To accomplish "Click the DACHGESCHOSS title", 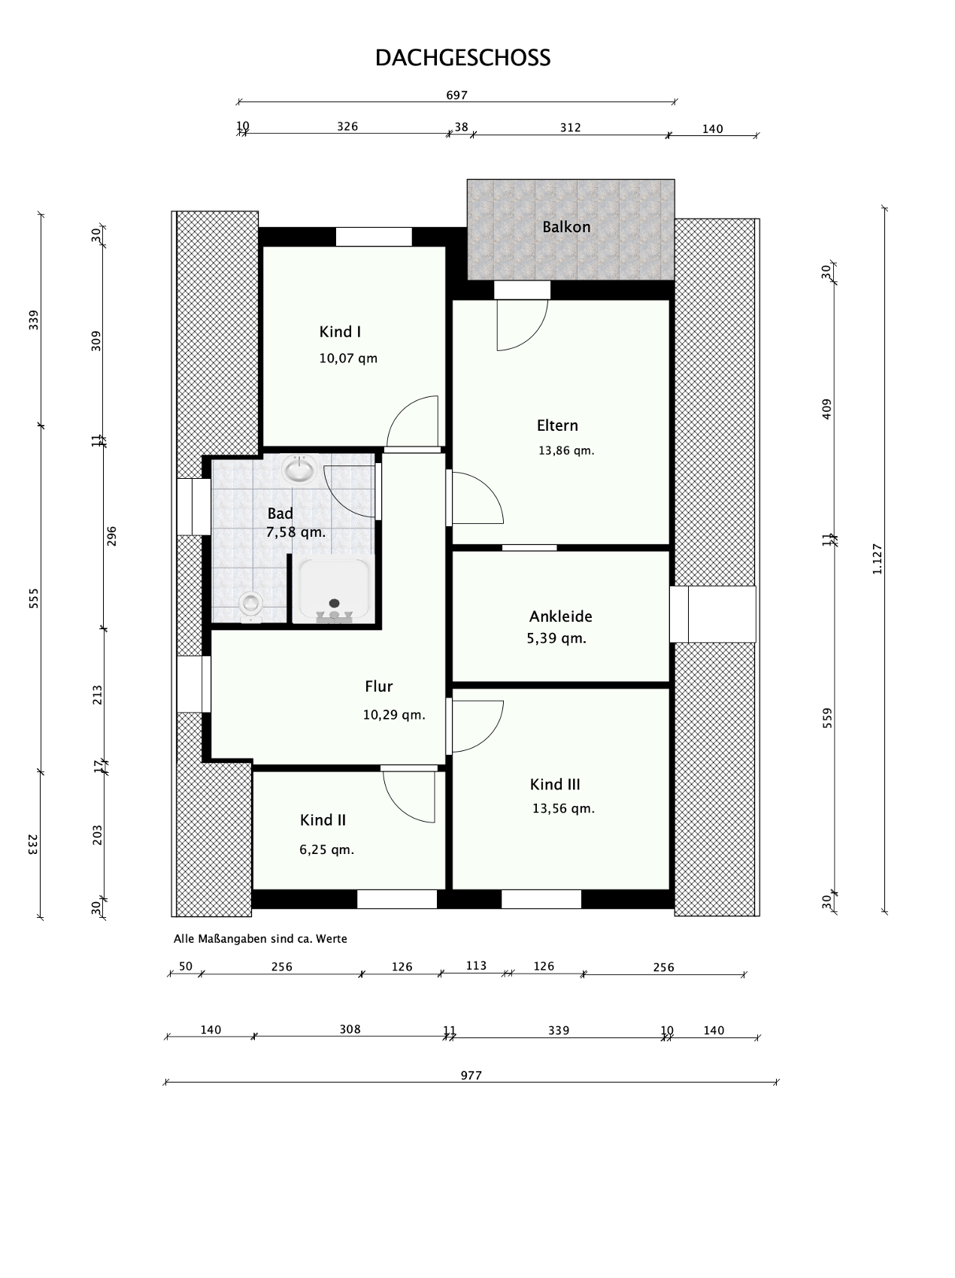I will pyautogui.click(x=462, y=59).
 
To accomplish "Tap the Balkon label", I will pyautogui.click(x=566, y=227).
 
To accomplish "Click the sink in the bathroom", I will pyautogui.click(x=299, y=471).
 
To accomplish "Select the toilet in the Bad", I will pyautogui.click(x=250, y=605).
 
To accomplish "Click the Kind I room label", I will pyautogui.click(x=340, y=332).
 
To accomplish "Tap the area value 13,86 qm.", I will pyautogui.click(x=566, y=451).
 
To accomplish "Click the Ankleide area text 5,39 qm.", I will pyautogui.click(x=556, y=639).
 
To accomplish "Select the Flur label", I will pyautogui.click(x=379, y=686).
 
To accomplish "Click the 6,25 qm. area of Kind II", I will pyautogui.click(x=326, y=850).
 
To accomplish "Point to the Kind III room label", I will pyautogui.click(x=555, y=785).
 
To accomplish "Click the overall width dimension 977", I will pyautogui.click(x=471, y=1076).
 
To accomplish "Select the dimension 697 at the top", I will pyautogui.click(x=457, y=95).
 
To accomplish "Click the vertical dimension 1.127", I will pyautogui.click(x=877, y=559).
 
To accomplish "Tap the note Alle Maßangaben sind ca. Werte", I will pyautogui.click(x=260, y=939).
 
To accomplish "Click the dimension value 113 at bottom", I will pyautogui.click(x=476, y=966).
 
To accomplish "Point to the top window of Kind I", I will pyautogui.click(x=374, y=237).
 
